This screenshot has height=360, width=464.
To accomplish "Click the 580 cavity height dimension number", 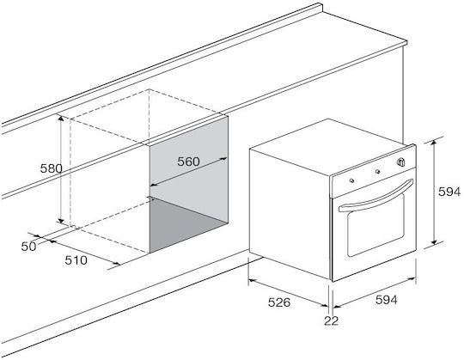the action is point(52,168).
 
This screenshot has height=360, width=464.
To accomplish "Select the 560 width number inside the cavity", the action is point(188,162).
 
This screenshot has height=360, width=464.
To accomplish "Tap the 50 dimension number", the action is point(28,247).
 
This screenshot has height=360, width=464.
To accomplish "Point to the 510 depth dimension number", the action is point(76,260).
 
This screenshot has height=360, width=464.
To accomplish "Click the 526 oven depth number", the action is point(279,302).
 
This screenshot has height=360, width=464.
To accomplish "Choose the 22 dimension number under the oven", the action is point(331,320).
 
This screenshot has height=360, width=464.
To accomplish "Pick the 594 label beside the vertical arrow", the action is point(449,192).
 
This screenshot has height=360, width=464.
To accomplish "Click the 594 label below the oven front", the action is point(387,300).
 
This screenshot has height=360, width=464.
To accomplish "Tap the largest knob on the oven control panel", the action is point(400,162).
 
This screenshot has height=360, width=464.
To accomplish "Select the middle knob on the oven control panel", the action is point(377,172).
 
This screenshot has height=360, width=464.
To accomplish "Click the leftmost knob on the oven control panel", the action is point(351,180).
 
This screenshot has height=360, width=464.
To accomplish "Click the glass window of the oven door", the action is point(375,225).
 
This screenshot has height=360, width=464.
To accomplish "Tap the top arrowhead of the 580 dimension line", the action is point(61,119).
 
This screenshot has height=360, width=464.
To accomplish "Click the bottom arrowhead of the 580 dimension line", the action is point(61,220).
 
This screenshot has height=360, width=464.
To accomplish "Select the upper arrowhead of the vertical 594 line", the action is point(434,143).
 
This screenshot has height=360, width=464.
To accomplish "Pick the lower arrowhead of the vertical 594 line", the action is point(434,241).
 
